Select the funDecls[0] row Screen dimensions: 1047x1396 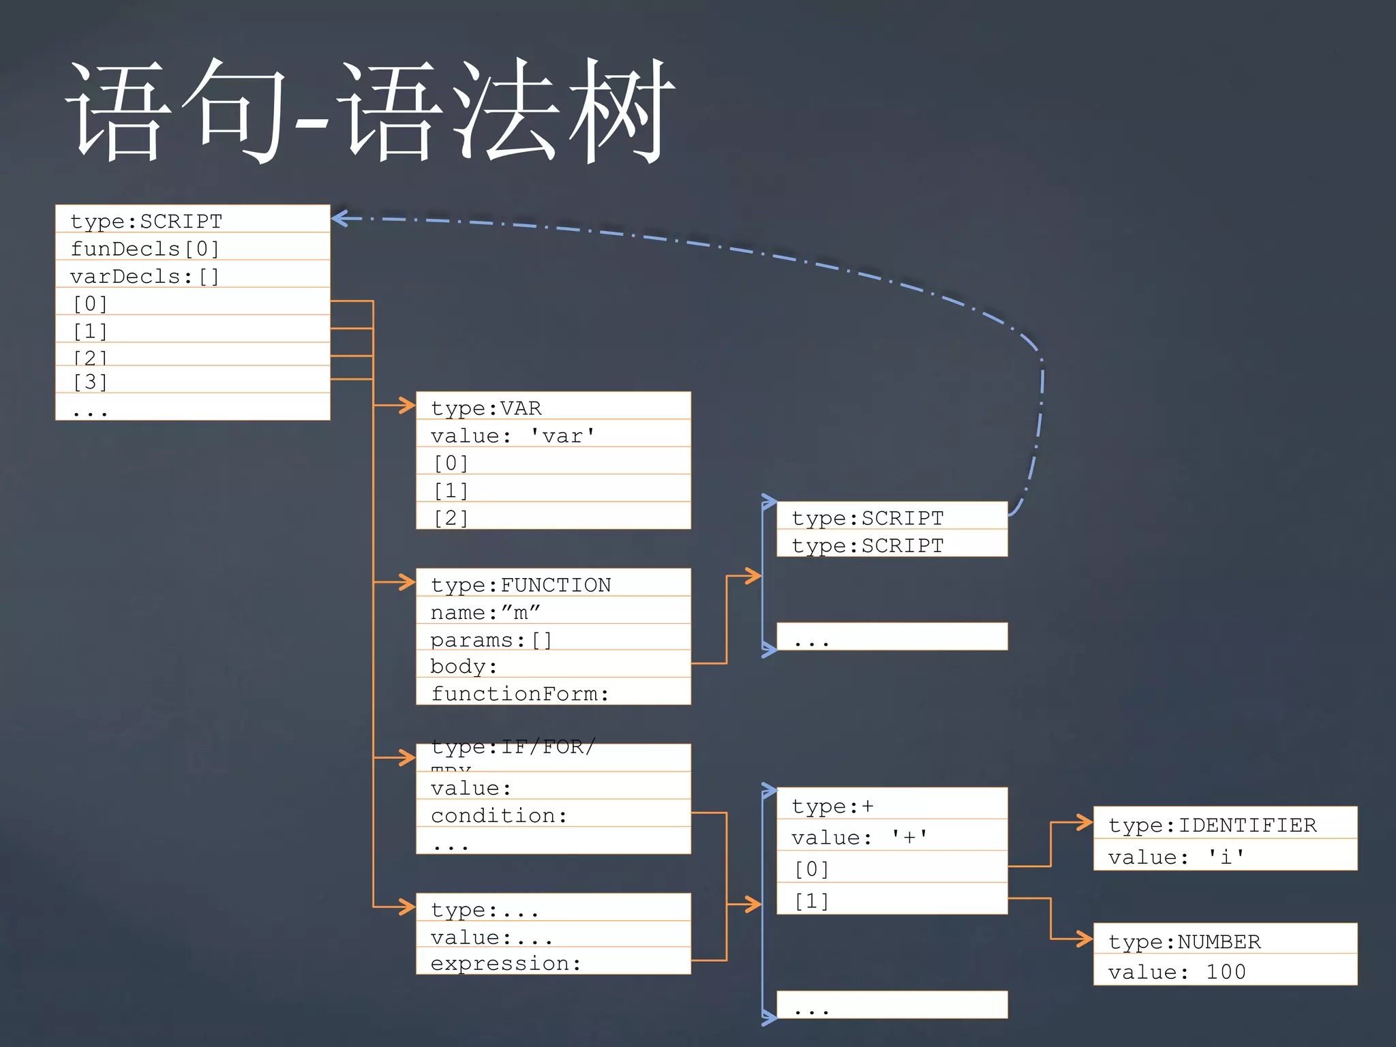click(x=192, y=248)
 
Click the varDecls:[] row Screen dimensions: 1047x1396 click(x=192, y=275)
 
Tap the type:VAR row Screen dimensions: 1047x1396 click(x=553, y=407)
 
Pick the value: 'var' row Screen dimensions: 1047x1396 click(x=553, y=435)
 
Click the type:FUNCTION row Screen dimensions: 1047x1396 click(x=553, y=584)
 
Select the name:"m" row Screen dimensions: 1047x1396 click(x=553, y=611)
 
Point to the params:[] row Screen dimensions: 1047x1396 click(x=553, y=639)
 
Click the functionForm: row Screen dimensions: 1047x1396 click(x=553, y=693)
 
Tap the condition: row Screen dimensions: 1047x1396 click(x=553, y=815)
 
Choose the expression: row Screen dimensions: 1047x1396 click(x=553, y=962)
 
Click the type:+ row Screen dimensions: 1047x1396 click(x=892, y=805)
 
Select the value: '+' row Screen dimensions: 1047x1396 click(x=892, y=836)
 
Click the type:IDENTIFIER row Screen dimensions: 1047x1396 click(x=1225, y=824)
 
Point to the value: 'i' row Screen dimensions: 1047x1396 click(x=1225, y=855)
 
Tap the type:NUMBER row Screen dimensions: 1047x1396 click(x=1225, y=940)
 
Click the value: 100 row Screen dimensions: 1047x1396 click(x=1225, y=971)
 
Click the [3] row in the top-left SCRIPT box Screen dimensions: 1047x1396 click(x=192, y=381)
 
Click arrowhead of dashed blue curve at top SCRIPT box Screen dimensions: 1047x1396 click(x=339, y=218)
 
